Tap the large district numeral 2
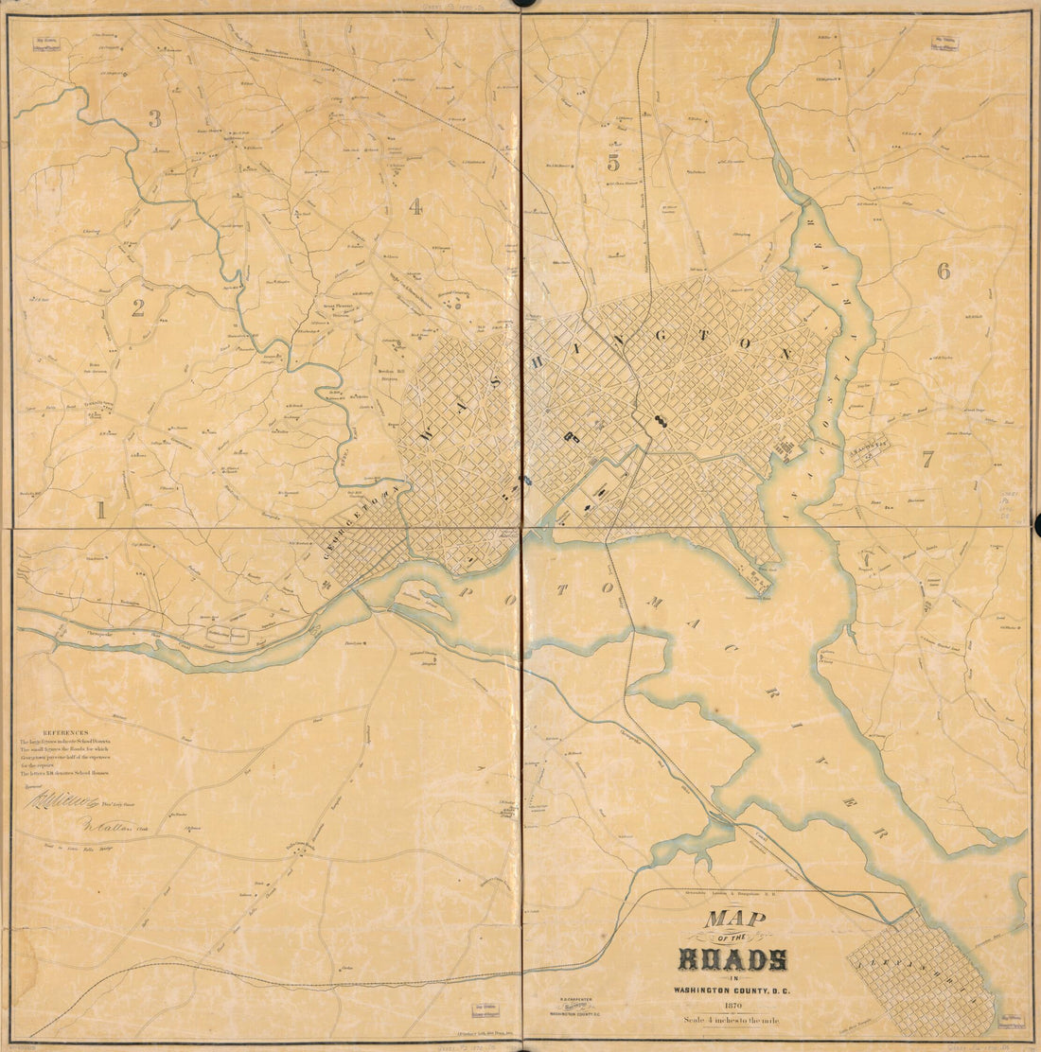click(x=138, y=307)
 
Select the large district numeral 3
click(x=154, y=119)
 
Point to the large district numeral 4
click(x=415, y=207)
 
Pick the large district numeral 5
click(x=613, y=162)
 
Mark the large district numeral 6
click(x=943, y=272)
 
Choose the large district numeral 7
click(x=927, y=461)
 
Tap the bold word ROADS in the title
click(x=732, y=959)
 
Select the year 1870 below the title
click(x=732, y=1006)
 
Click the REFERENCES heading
click(x=65, y=732)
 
